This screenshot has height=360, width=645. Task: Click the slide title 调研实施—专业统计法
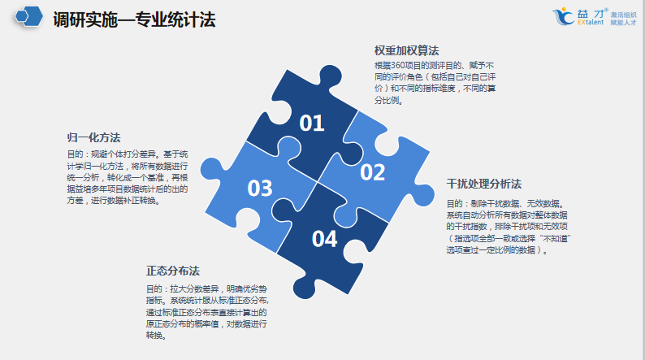tap(134, 20)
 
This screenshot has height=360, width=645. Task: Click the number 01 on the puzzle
tap(312, 124)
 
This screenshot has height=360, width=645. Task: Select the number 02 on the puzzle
tap(372, 172)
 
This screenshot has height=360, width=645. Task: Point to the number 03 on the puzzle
tap(260, 189)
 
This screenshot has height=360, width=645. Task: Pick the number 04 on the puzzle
tap(324, 239)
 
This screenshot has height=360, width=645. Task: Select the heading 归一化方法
tap(93, 137)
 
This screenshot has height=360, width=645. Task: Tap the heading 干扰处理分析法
tap(484, 184)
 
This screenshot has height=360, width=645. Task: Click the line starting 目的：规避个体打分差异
tap(127, 153)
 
